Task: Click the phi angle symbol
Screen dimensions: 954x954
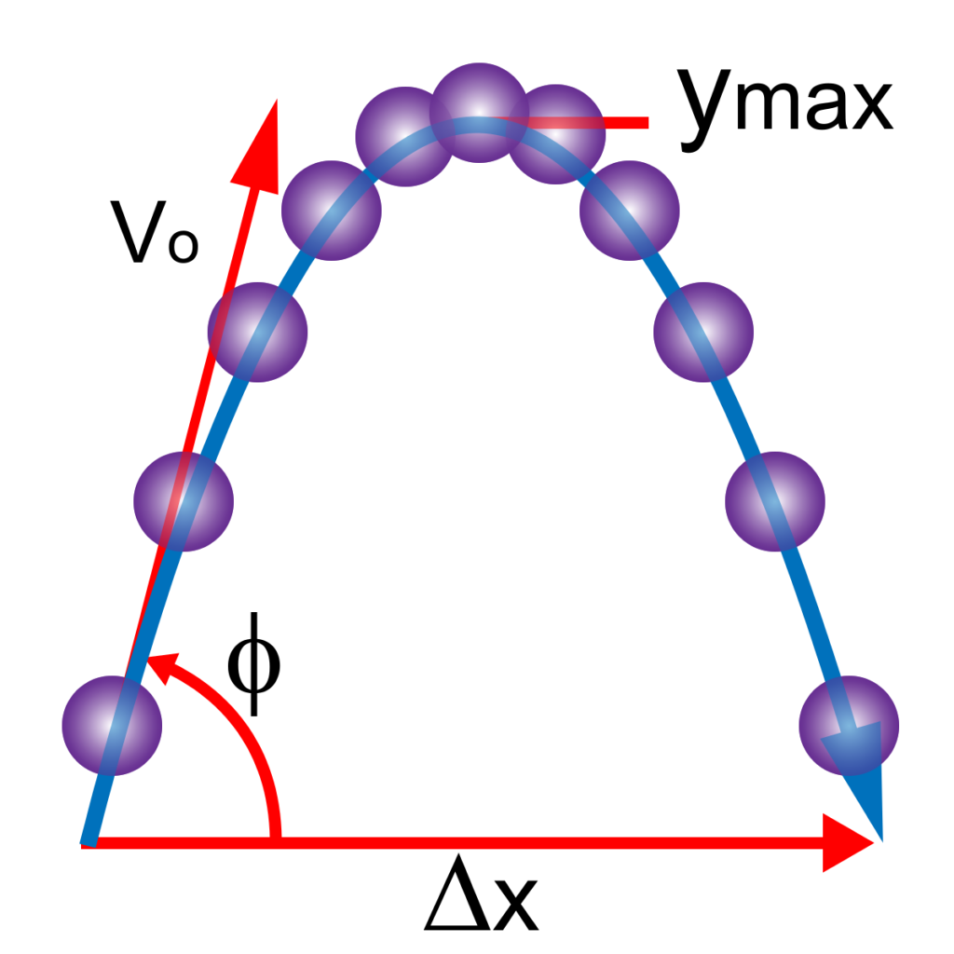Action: (253, 663)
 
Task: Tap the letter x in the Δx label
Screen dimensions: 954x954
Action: (516, 906)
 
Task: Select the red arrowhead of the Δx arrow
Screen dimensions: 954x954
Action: (848, 842)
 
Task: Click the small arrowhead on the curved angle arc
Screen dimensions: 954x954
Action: (162, 667)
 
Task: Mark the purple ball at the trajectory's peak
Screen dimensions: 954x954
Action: (479, 113)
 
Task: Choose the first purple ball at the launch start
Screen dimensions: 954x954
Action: (112, 725)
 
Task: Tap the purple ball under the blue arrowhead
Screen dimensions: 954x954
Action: (849, 725)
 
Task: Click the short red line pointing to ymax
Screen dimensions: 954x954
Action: (572, 122)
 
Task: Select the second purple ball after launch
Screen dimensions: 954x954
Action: (184, 501)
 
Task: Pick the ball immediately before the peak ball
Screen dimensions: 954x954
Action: (404, 136)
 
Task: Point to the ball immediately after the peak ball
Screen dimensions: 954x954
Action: (555, 134)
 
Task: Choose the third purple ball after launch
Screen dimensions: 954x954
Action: (257, 333)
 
